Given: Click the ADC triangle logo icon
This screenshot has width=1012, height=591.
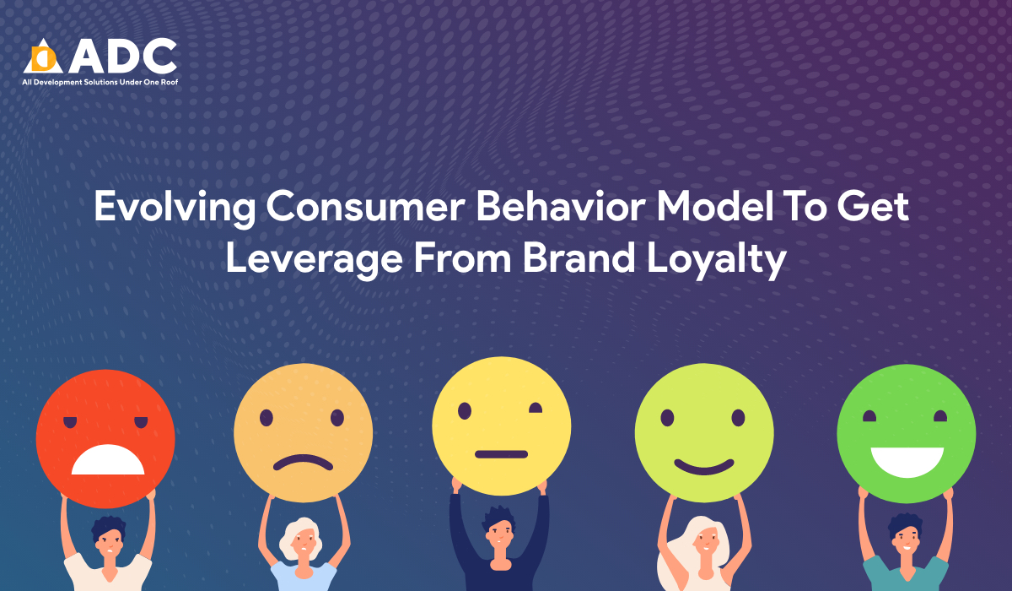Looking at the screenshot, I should tap(43, 56).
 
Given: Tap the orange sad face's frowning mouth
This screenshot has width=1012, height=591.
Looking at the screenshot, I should tap(303, 462).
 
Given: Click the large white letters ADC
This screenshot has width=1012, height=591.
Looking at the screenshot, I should tap(124, 56).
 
